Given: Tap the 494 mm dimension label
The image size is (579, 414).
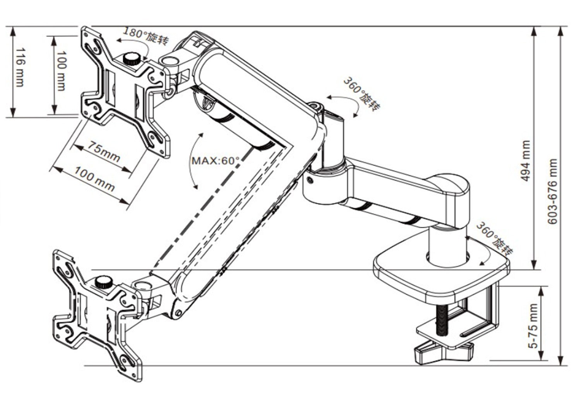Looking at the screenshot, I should coord(525,160).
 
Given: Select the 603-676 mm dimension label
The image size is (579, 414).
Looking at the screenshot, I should coord(553,191).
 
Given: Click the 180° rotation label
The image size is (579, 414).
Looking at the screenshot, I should coord(145,36).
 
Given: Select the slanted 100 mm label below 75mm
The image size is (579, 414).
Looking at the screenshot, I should coord(95,179).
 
